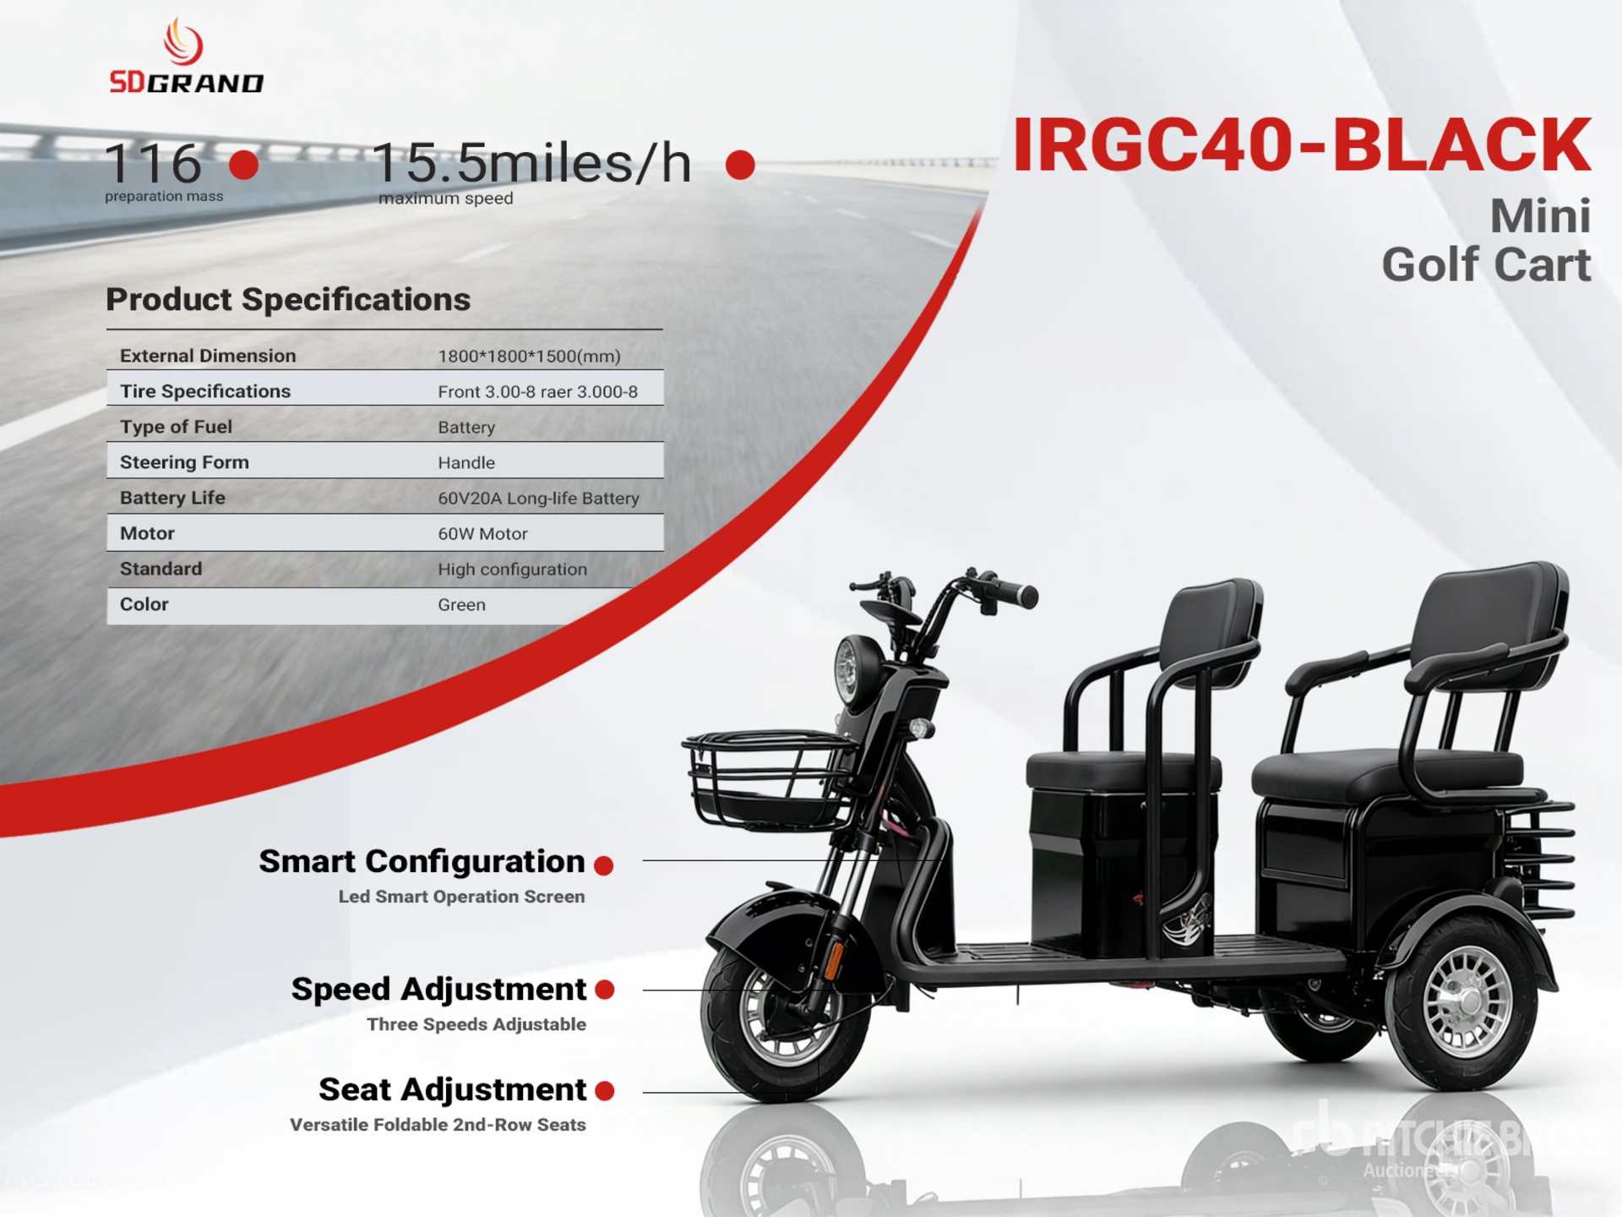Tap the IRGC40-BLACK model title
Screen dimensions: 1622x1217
[1301, 145]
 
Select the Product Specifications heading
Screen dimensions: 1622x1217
[288, 299]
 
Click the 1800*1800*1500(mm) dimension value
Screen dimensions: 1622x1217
[529, 357]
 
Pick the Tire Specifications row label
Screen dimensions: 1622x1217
[205, 391]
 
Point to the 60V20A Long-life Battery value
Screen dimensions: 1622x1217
[538, 499]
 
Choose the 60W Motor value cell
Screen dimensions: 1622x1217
[482, 534]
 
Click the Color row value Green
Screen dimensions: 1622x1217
[461, 605]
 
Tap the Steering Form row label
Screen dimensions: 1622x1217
[184, 462]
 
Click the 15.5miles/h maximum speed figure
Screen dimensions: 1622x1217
[531, 163]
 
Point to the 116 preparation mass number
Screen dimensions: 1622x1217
[153, 163]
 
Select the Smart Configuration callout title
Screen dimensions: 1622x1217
[422, 861]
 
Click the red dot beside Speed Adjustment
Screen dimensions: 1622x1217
[605, 990]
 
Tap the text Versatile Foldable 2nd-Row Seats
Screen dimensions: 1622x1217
[438, 1125]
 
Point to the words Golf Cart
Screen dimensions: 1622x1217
[1486, 265]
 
